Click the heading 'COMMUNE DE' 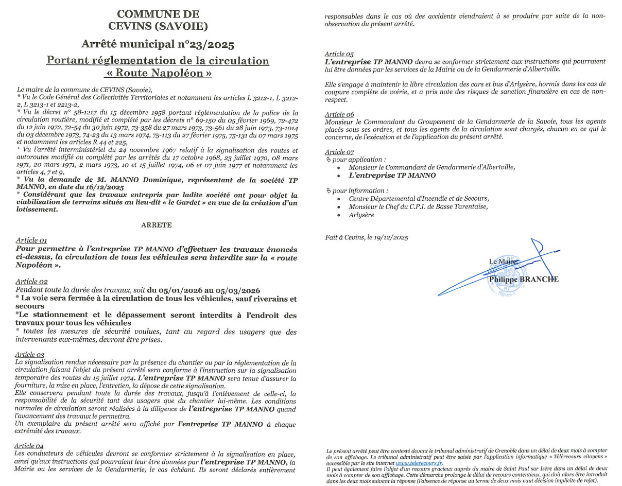158,14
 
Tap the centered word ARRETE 157,225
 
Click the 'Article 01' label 31,240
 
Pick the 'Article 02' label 31,281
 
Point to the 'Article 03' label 30,355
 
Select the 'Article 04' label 30,445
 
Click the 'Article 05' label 339,54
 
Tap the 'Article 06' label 339,114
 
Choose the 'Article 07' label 339,152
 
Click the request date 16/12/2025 105,188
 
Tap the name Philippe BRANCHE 524,279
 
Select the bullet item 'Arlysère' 361,215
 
